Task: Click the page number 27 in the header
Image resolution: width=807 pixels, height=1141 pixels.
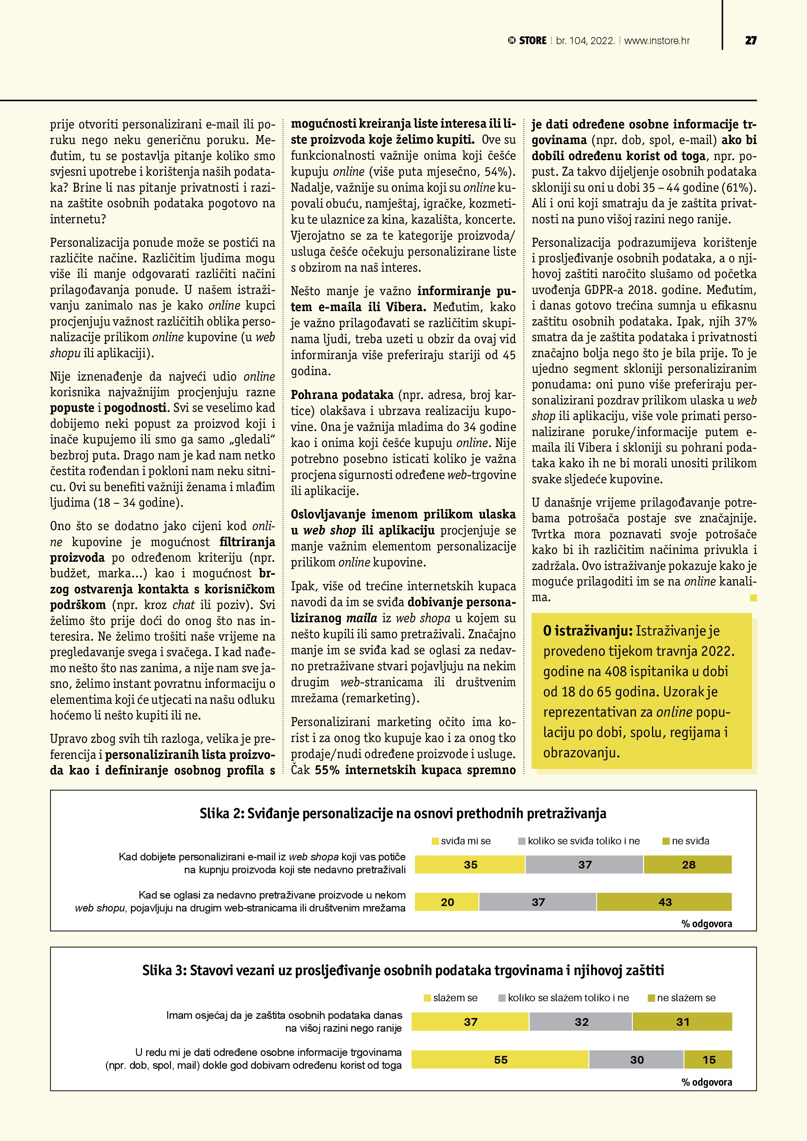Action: tap(750, 41)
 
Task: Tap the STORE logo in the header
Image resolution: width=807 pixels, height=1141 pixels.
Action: tap(527, 41)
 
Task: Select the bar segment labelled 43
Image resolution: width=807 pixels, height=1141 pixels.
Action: tap(664, 902)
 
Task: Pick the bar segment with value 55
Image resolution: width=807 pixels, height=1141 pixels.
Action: tap(501, 1060)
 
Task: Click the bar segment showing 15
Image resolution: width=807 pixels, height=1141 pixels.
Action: tap(709, 1060)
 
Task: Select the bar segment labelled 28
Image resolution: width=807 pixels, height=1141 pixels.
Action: tap(688, 865)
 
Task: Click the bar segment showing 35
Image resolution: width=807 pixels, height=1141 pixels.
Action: tap(470, 865)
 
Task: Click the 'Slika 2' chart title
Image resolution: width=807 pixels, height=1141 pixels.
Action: tap(403, 813)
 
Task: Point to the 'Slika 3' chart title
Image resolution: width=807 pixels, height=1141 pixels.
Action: tap(403, 970)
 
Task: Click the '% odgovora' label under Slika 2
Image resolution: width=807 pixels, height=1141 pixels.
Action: tap(707, 924)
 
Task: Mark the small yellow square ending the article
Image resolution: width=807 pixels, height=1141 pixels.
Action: tap(754, 598)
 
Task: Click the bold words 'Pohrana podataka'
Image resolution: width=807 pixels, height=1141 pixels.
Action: tap(342, 395)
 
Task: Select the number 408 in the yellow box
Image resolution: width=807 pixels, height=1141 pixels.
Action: tap(616, 672)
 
